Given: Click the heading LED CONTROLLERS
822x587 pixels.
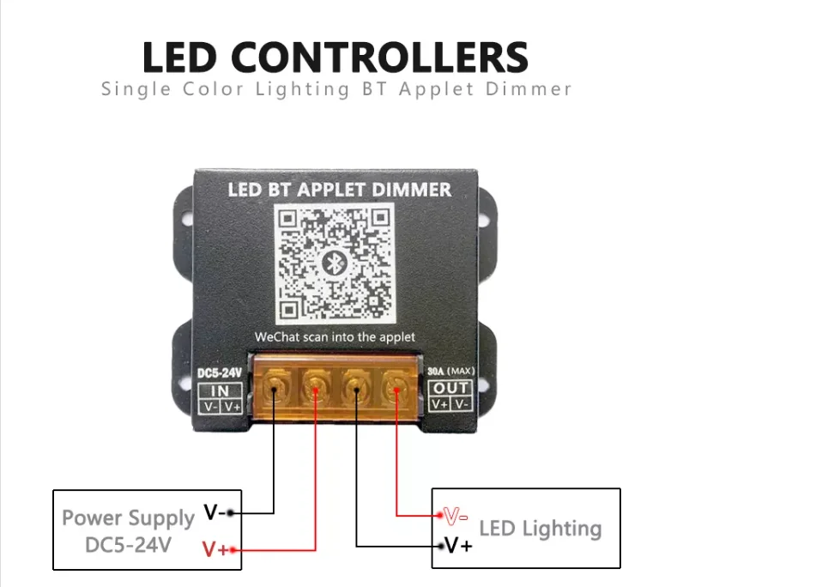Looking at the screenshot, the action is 335,57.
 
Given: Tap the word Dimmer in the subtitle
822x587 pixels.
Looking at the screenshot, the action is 529,89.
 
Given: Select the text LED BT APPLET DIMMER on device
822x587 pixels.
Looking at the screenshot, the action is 339,189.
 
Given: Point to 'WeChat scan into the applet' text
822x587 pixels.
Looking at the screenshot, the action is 335,337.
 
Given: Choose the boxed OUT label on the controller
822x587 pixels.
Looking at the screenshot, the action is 451,389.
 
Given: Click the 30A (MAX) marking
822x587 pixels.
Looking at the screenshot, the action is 451,372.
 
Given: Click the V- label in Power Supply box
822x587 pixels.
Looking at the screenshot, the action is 215,513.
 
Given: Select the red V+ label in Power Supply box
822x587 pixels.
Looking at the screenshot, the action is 215,548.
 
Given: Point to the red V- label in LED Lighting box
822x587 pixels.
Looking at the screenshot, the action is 456,516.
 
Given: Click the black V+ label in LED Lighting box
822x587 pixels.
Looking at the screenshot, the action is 459,546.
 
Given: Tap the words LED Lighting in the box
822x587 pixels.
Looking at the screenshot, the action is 540,529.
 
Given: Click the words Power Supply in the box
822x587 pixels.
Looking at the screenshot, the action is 128,518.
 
